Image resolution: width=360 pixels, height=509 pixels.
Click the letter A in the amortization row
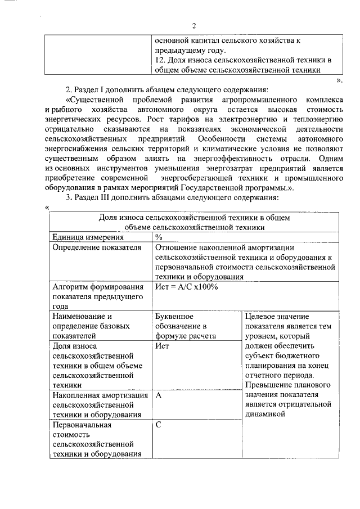tap(159, 395)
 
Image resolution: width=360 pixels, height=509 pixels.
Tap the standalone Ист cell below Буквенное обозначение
tap(162, 346)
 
